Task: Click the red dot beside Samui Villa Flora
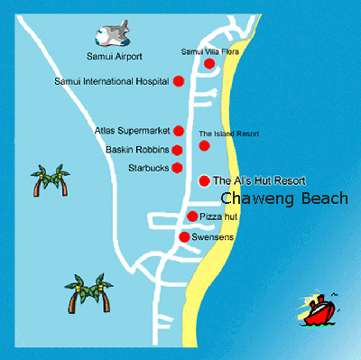208,64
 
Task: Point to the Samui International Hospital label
112,82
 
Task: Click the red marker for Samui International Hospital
179,81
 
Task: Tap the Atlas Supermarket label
133,131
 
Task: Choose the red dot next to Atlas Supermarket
179,131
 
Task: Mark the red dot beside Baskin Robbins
178,150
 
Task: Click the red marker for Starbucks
177,168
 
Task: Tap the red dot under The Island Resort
204,145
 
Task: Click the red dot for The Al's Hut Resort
204,180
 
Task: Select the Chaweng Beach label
282,198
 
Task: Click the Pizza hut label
219,217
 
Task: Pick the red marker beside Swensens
184,237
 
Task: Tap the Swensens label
213,237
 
